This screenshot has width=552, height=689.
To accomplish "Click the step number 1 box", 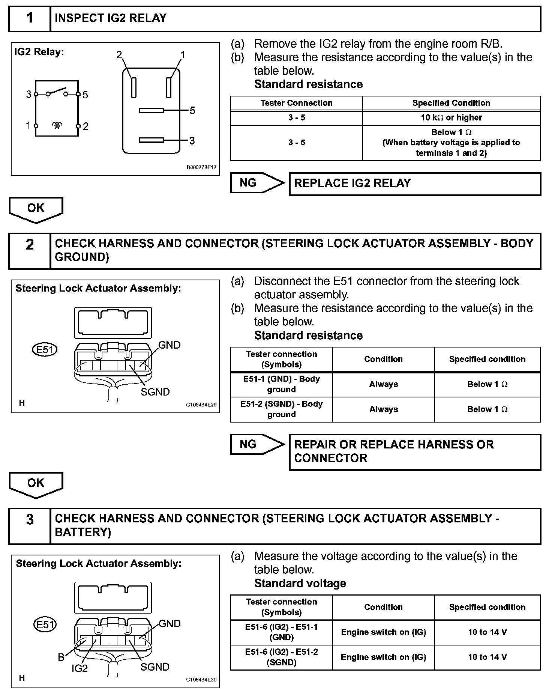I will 30,18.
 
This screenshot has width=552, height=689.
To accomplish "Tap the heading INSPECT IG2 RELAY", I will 111,18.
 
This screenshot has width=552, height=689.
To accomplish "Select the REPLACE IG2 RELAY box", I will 414,184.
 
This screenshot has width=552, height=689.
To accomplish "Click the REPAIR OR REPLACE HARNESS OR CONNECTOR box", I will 414,451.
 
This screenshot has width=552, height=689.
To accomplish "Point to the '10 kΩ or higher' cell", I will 451,117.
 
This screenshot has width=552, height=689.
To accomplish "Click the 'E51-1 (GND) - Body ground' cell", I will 281,384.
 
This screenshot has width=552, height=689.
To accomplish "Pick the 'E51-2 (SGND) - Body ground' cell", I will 281,409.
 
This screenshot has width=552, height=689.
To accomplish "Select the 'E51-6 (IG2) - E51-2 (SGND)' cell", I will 281,657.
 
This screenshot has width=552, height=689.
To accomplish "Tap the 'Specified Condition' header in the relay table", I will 451,103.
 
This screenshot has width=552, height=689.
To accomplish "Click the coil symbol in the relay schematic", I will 57,125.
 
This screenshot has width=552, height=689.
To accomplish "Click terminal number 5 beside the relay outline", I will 192,110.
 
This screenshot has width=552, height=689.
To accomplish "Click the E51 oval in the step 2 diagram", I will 45,350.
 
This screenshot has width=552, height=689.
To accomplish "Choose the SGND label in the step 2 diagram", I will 155,392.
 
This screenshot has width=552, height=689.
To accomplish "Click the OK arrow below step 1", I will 36,209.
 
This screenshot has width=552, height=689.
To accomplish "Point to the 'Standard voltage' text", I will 300,583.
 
